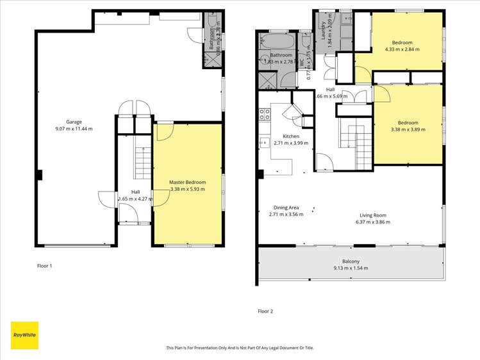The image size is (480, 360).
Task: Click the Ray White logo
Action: pos(24,335)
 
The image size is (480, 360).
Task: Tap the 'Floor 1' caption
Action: pos(44,265)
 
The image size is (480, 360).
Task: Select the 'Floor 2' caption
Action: pos(265,311)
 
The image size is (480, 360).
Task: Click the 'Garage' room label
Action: pos(74,122)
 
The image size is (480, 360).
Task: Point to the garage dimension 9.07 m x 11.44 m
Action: pos(74,129)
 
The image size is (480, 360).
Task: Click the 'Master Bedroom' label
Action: pos(187,183)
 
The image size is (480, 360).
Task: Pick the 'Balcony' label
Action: pos(350,261)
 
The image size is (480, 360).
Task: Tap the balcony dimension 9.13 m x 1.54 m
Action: pos(350,268)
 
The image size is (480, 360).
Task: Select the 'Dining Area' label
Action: pos(284,207)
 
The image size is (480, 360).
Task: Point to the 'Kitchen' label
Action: pos(292,136)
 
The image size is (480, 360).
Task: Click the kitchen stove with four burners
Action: pos(263,115)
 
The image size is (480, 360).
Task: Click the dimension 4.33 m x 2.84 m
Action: pos(402,49)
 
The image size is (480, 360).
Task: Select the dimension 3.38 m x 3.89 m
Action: pos(408,129)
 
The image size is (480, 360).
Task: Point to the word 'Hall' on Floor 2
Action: pos(330,90)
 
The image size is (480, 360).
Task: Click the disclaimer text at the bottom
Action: pos(240,348)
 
